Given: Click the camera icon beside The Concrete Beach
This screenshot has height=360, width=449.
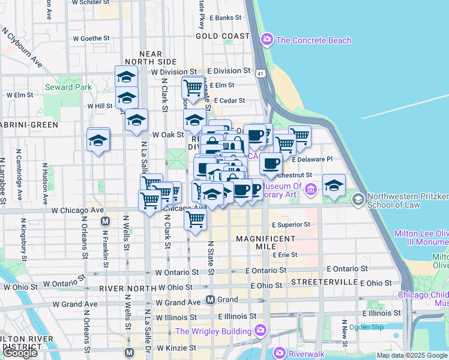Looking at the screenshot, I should [x=267, y=40].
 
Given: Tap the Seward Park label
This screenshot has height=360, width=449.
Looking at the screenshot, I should [x=68, y=87].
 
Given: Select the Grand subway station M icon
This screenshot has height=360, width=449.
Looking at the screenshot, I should [x=211, y=299].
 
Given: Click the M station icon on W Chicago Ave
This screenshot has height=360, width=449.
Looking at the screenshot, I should [x=105, y=221].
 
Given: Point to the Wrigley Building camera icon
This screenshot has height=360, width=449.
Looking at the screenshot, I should [x=260, y=331].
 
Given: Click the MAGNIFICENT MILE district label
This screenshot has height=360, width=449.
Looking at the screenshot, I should [x=265, y=238].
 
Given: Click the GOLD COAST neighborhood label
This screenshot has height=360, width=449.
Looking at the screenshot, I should [x=222, y=36].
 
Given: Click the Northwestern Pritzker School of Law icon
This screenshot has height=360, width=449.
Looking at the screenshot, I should [x=358, y=199].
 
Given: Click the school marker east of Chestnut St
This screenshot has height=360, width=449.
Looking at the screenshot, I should [x=334, y=185].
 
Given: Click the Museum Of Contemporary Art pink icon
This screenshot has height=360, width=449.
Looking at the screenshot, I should [x=311, y=191].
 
